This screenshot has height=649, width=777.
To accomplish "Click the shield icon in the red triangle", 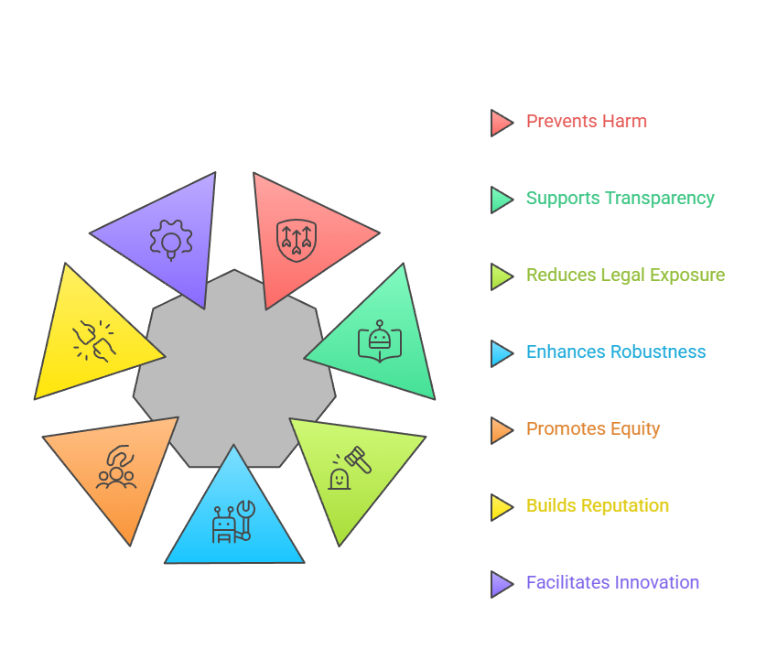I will point(297,238).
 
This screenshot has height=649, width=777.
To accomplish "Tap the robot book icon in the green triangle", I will point(379,341).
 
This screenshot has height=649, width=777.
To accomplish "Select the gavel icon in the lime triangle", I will point(350,467).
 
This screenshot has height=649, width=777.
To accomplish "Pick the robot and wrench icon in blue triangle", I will point(233,523).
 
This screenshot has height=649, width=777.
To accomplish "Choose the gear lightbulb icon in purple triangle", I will point(170,240).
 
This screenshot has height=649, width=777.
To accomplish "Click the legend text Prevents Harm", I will point(586,122).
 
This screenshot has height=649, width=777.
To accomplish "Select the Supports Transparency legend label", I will point(620,199).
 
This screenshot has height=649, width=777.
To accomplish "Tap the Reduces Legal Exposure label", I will point(625,276).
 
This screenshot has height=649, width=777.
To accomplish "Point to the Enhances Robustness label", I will point(616,352).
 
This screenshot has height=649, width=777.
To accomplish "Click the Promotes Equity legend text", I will point(592,429).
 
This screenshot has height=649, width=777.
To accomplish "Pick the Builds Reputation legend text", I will point(597,506).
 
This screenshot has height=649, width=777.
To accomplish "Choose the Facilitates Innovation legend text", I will point(612,583).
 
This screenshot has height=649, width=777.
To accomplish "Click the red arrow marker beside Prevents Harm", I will point(501,123).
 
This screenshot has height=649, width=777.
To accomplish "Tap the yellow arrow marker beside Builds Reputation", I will point(501,507).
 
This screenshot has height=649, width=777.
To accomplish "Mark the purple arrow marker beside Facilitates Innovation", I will point(501,584).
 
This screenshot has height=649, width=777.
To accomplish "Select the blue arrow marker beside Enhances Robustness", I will point(501,353).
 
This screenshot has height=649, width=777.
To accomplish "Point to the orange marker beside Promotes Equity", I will point(501,430).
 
